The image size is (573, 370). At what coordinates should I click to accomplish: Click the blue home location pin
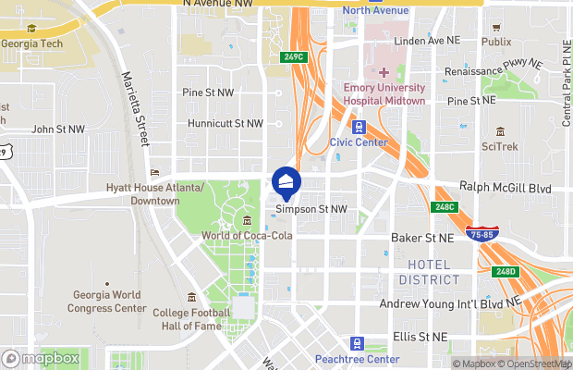tap(286, 182)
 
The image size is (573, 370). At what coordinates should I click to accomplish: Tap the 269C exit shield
tap(293, 57)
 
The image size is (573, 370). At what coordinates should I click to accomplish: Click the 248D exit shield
tap(506, 272)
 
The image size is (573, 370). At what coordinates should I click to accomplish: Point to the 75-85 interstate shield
tap(480, 235)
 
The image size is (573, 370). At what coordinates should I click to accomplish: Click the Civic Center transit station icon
tap(359, 128)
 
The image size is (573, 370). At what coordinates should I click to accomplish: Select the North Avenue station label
tap(374, 10)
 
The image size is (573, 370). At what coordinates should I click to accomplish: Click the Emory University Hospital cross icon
tap(383, 72)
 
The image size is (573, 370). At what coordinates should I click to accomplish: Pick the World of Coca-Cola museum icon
tap(248, 220)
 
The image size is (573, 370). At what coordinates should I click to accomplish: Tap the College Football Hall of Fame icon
tap(191, 298)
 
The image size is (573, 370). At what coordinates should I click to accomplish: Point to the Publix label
tap(496, 42)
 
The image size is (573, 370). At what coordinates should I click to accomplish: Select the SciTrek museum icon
tap(500, 131)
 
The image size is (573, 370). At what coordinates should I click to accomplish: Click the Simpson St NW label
tap(311, 209)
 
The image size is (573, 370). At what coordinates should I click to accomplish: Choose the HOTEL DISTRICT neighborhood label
tap(431, 272)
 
